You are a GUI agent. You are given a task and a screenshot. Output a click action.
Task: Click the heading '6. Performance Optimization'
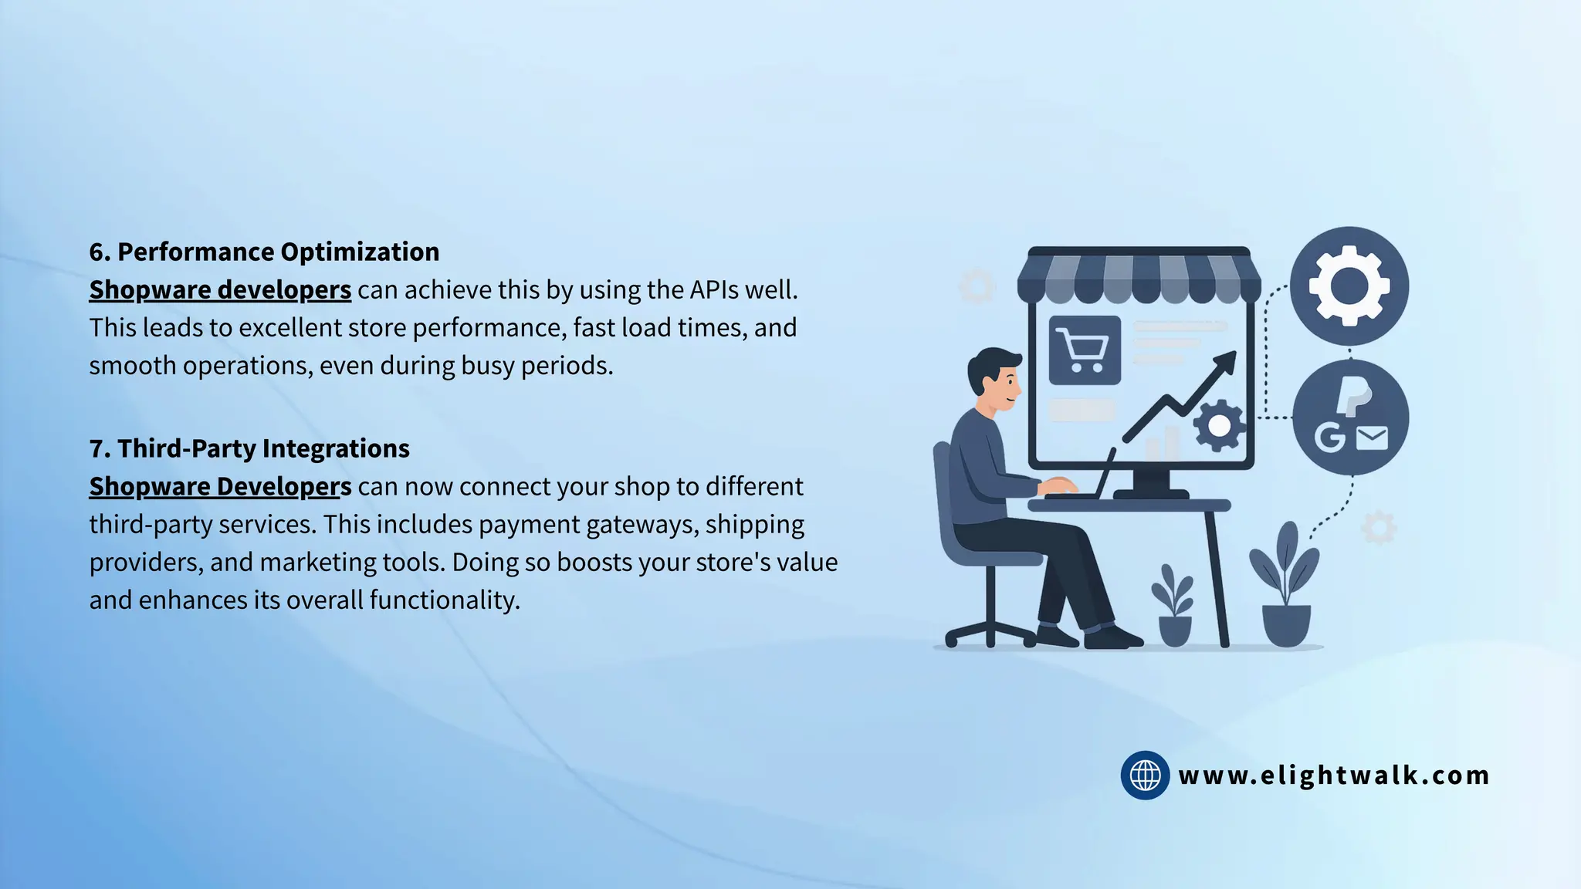(x=264, y=252)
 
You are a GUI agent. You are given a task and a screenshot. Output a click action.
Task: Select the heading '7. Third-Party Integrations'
(x=249, y=448)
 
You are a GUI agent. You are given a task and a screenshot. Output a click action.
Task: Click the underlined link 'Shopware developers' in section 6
(x=220, y=290)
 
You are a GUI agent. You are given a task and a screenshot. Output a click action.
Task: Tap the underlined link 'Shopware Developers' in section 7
(x=220, y=487)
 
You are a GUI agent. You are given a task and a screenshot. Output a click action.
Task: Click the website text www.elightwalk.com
(x=1334, y=775)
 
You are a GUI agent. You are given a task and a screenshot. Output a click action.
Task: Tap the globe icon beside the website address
(x=1145, y=775)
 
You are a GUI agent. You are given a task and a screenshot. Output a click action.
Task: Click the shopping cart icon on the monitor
(x=1085, y=350)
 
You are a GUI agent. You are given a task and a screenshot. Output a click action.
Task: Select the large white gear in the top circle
(x=1349, y=286)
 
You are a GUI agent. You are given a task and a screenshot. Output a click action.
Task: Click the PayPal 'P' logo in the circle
(x=1352, y=396)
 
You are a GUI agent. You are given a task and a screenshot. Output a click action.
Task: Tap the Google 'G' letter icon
(x=1329, y=438)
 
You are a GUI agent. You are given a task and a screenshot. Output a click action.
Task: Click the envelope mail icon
(x=1372, y=438)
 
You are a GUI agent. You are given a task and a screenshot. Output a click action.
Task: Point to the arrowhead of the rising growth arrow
(x=1226, y=360)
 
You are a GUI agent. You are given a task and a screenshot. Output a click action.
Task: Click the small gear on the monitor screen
(x=1219, y=424)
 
